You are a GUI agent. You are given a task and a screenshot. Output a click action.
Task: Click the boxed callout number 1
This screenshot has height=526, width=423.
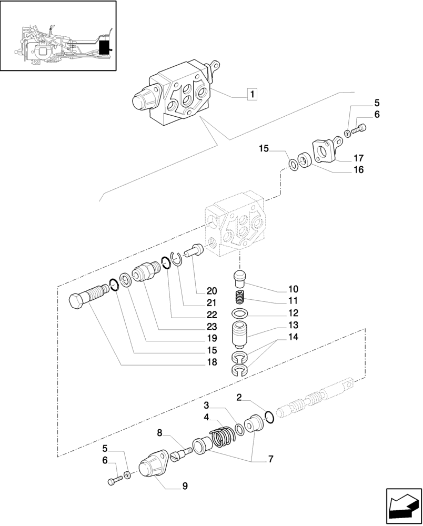[x=253, y=95]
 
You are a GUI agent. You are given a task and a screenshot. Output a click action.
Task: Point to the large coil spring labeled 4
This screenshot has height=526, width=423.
[x=221, y=436]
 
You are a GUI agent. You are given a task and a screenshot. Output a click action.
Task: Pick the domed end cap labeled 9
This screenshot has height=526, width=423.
[x=152, y=467]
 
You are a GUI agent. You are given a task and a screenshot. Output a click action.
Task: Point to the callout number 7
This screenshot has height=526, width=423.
[x=270, y=459]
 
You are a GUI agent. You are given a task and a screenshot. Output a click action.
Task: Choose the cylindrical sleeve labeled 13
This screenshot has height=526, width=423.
[x=240, y=335]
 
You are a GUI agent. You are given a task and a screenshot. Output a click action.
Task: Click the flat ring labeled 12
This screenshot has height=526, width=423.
[x=240, y=315]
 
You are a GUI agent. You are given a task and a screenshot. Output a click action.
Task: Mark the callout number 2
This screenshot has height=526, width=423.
[x=239, y=398]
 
